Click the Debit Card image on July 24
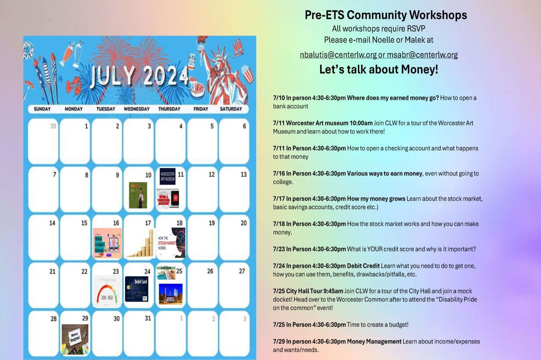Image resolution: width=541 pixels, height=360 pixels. click(x=137, y=289)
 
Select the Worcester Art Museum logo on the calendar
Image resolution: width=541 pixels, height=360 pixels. click(x=167, y=176)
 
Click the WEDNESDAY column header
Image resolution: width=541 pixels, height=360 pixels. click(x=137, y=109)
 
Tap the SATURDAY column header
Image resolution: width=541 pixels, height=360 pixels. click(x=231, y=109)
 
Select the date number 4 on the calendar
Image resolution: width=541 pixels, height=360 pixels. click(x=181, y=126)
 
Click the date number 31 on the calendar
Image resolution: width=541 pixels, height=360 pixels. click(x=148, y=318)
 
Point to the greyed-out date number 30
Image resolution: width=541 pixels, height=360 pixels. click(x=53, y=126)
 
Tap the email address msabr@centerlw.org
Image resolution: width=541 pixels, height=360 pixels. click(x=422, y=55)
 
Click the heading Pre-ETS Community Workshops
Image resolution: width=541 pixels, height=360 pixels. click(x=386, y=15)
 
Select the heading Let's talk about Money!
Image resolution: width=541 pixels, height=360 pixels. click(x=379, y=69)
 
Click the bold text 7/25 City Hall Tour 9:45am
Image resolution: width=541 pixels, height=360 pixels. click(x=308, y=291)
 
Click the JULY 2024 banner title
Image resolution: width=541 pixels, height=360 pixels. click(x=139, y=76)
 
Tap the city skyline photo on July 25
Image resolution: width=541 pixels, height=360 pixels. click(x=171, y=294)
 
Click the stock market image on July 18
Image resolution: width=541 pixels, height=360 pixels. click(x=172, y=243)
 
